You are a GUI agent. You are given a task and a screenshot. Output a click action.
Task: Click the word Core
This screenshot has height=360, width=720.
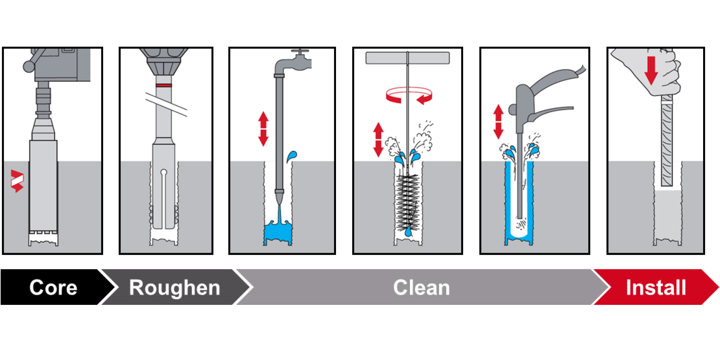53,288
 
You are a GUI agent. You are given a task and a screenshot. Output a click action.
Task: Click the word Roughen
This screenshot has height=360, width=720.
174,288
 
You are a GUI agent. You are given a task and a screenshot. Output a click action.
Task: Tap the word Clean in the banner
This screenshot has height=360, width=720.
421,288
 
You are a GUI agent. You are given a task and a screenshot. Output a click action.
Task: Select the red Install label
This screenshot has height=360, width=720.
655,288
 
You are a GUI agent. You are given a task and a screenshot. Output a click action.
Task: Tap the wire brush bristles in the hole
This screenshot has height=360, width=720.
407,202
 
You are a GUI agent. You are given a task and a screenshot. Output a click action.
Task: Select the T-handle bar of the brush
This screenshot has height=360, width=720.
408,58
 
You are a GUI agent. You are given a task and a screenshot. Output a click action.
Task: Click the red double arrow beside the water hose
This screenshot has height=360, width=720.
263,129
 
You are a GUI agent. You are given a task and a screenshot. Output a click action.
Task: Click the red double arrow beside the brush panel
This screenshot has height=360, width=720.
378,139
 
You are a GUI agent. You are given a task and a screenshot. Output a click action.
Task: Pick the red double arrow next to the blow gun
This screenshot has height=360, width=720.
498,121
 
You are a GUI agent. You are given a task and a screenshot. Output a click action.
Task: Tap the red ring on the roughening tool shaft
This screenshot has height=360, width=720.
164,85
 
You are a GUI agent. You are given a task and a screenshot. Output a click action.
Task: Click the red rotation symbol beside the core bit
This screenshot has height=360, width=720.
17,181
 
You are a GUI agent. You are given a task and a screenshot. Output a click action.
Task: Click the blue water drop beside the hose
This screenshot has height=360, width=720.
292,156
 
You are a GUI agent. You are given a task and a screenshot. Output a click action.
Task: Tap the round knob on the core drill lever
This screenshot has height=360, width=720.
28,66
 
